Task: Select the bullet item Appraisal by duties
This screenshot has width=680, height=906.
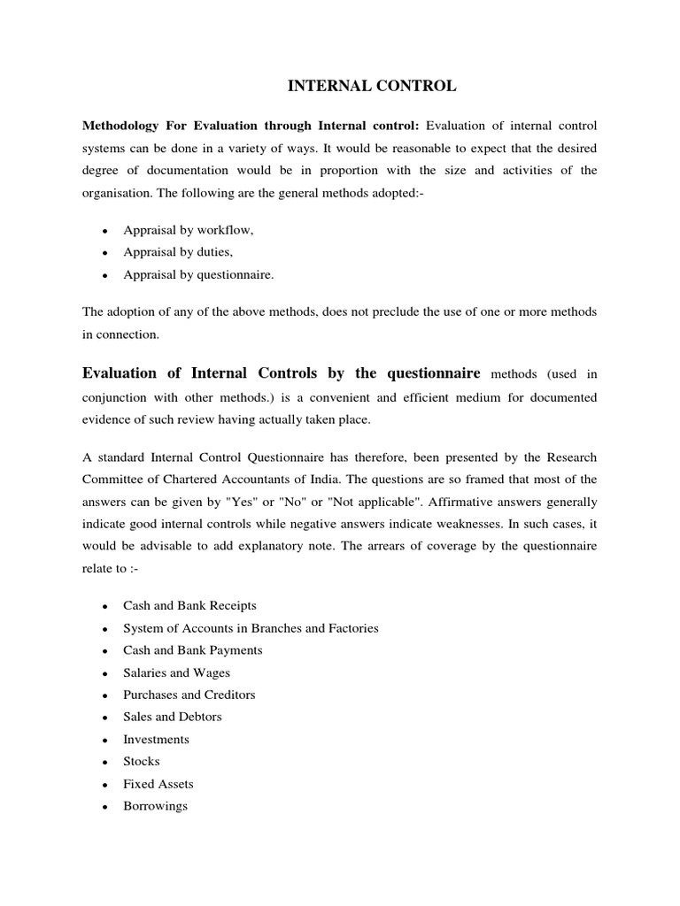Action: pyautogui.click(x=177, y=252)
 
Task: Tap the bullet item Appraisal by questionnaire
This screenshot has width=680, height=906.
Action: pyautogui.click(x=198, y=275)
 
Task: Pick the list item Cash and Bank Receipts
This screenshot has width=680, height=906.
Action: pyautogui.click(x=189, y=606)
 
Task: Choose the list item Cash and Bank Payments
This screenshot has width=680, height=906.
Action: pyautogui.click(x=192, y=650)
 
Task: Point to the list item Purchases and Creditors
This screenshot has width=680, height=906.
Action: pyautogui.click(x=189, y=695)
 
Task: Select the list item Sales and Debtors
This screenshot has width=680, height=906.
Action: pyautogui.click(x=172, y=717)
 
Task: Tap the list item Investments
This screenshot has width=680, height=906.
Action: pyautogui.click(x=156, y=740)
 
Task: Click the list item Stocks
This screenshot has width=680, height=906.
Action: pyautogui.click(x=142, y=761)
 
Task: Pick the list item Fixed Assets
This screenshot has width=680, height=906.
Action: pyautogui.click(x=158, y=784)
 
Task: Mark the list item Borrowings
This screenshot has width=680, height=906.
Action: pyautogui.click(x=155, y=806)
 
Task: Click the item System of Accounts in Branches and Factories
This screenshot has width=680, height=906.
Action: pyautogui.click(x=251, y=628)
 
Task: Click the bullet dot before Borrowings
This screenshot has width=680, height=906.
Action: pyautogui.click(x=105, y=807)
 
